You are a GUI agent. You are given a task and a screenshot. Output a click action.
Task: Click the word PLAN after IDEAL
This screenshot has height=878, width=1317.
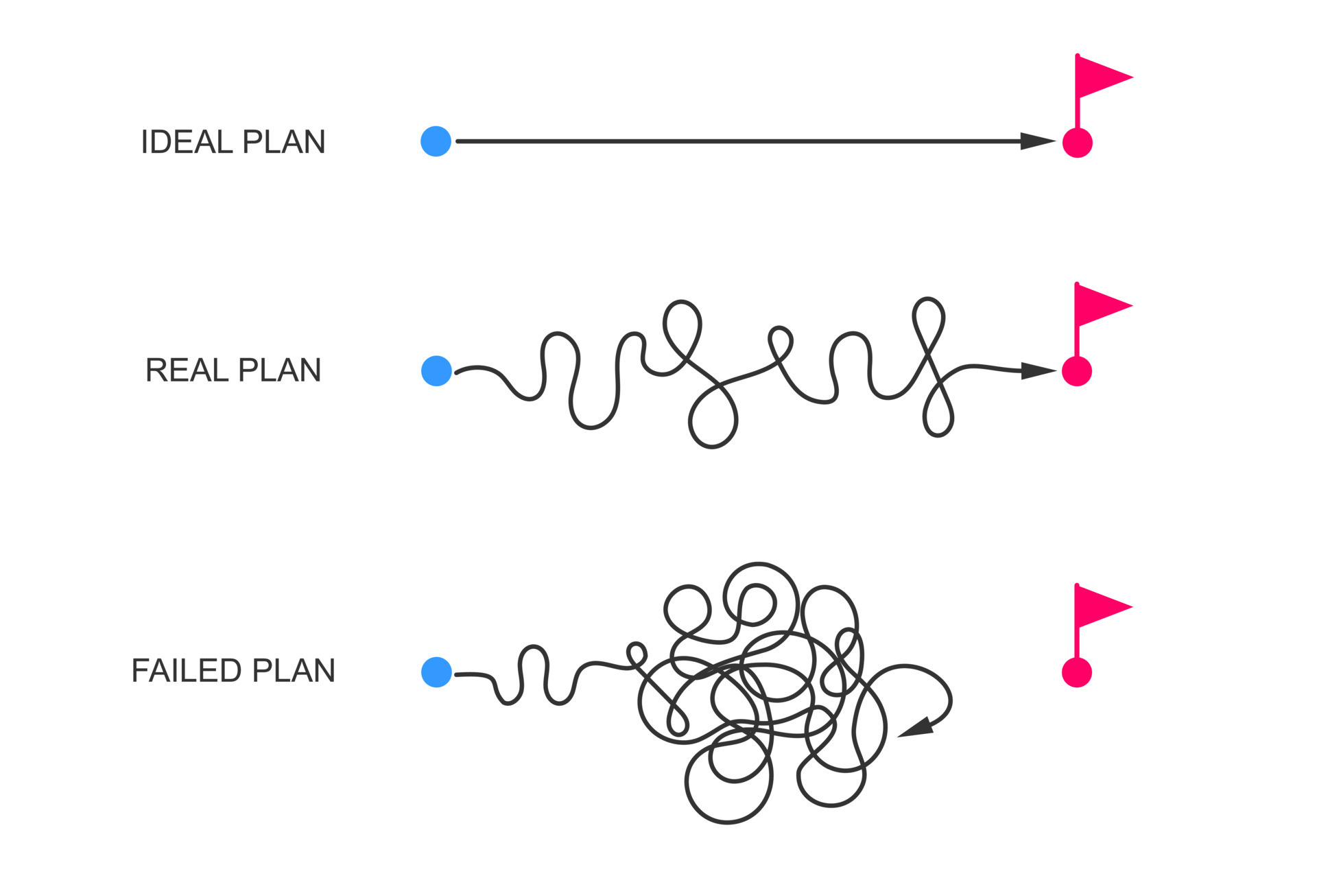pyautogui.click(x=284, y=142)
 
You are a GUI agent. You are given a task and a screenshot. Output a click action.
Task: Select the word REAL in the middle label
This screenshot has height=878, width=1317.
pyautogui.click(x=187, y=370)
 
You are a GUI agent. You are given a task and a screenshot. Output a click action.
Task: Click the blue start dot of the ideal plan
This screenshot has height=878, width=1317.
pyautogui.click(x=436, y=141)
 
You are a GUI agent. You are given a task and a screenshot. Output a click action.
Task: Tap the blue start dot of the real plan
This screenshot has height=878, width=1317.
pyautogui.click(x=436, y=371)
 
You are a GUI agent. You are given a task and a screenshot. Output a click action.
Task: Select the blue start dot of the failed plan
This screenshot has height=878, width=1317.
pyautogui.click(x=436, y=672)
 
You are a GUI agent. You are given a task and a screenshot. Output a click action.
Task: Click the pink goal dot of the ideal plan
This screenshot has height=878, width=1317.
pyautogui.click(x=1077, y=143)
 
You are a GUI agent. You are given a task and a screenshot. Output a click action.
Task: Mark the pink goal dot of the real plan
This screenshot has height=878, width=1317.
pyautogui.click(x=1077, y=371)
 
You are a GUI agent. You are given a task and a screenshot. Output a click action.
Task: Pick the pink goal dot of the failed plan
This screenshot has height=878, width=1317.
pyautogui.click(x=1077, y=672)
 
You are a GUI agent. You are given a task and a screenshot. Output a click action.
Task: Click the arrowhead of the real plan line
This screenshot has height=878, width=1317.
pyautogui.click(x=1036, y=371)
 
